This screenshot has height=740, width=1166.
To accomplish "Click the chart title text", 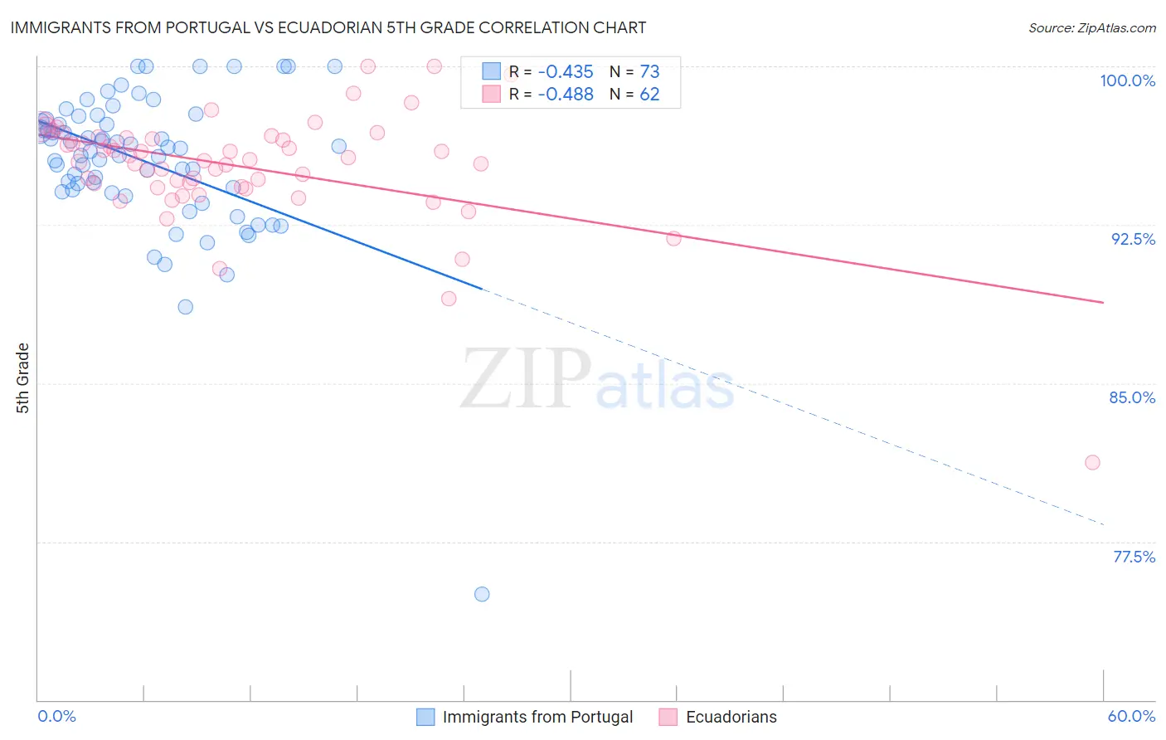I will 328,28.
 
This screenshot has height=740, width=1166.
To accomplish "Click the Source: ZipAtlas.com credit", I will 1091,28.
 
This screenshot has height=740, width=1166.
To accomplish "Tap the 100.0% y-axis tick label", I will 1127,80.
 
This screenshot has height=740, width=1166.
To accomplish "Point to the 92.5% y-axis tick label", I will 1133,239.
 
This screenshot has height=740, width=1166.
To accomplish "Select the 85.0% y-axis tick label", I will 1132,397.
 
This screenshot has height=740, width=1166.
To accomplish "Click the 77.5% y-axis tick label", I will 1134,557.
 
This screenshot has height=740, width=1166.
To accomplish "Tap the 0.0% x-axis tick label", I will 56,716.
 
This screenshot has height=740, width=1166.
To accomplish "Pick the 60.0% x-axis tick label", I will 1131,716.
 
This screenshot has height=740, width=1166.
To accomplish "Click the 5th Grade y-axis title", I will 23,377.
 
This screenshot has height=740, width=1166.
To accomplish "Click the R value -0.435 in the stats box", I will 565,72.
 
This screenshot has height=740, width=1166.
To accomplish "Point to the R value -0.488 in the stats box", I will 565,95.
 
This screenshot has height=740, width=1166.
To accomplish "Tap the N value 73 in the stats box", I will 649,72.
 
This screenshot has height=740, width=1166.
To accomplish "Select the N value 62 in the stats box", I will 649,95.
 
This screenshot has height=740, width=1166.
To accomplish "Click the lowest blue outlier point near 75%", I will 482,594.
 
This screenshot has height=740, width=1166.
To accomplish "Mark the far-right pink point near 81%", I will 1092,462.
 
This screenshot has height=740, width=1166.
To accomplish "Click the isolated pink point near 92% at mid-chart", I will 673,239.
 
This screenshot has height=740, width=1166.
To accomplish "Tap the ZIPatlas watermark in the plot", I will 597,379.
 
